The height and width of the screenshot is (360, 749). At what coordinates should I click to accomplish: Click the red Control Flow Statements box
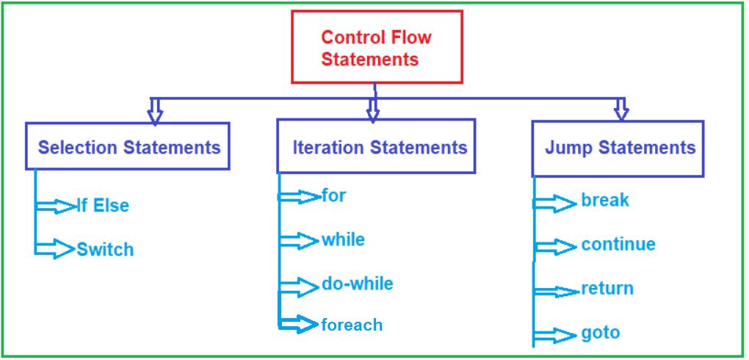[x=377, y=47]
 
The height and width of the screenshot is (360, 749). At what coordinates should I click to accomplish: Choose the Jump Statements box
[x=618, y=148]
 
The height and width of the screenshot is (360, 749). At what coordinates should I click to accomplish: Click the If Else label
[x=103, y=206]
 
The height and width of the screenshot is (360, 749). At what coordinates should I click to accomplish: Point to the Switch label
[x=105, y=250]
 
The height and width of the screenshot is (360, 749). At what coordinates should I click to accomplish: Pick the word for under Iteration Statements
[x=333, y=196]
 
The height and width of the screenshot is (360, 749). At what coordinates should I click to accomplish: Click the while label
[x=343, y=240]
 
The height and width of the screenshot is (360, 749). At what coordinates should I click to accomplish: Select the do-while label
[x=357, y=284]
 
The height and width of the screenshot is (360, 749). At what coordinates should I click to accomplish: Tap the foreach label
[x=352, y=324]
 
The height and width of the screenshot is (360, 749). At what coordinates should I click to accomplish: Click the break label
[x=605, y=200]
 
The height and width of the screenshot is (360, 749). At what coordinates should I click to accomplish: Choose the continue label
[x=618, y=245]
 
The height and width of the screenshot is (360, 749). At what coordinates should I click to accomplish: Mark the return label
[x=607, y=289]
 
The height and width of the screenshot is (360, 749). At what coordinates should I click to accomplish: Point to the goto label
[x=601, y=333]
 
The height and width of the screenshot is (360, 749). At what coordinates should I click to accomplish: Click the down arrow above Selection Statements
[x=154, y=110]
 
